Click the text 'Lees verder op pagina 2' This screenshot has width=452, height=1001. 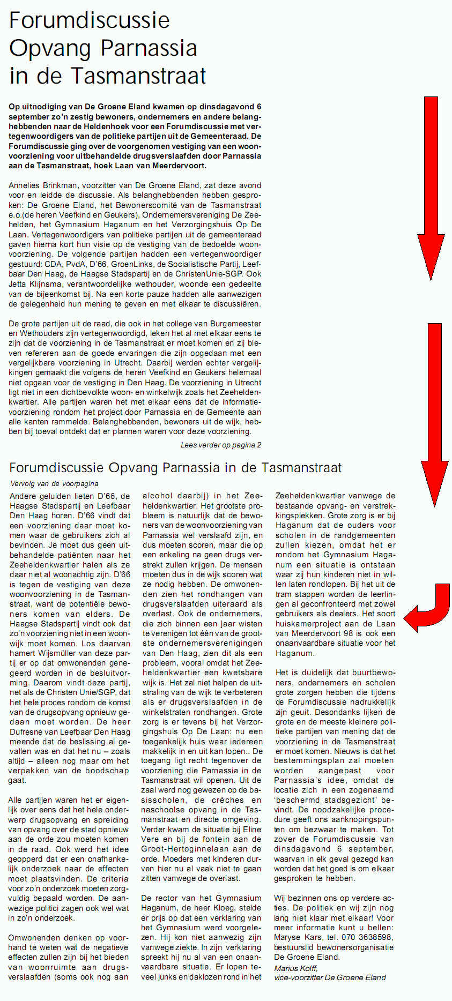221,445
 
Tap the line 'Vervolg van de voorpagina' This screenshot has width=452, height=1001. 54,483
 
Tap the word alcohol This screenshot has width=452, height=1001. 158,496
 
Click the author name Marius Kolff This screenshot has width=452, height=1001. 296,968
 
